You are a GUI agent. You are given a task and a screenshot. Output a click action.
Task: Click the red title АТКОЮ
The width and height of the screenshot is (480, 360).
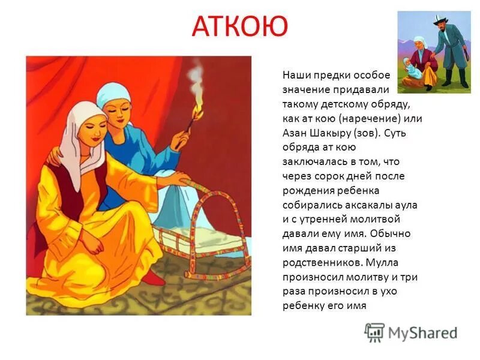click(240, 27)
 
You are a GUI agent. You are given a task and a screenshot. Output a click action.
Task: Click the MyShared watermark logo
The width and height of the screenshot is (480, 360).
click(412, 332)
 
